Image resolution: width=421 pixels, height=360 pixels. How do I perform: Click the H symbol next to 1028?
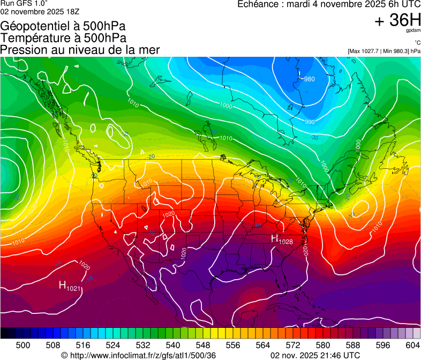click(274, 238)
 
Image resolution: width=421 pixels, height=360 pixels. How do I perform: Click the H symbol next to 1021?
click(62, 286)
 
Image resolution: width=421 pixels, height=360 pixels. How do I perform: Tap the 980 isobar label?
click(309, 79)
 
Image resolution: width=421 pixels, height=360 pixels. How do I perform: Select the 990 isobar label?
click(310, 122)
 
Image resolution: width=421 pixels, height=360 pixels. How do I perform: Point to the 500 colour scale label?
click(23, 344)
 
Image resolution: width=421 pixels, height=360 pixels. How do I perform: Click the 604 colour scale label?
click(412, 344)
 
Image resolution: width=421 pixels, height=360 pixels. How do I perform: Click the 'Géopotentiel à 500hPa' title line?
click(63, 26)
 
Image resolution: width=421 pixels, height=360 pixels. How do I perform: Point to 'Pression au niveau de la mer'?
click(80, 50)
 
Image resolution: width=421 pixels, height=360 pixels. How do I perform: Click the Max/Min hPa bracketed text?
click(384, 51)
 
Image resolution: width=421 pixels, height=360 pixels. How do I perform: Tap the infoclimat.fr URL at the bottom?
click(138, 355)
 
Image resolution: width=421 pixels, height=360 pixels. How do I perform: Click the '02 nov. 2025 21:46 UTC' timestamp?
click(315, 355)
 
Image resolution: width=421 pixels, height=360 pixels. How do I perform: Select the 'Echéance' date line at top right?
click(329, 4)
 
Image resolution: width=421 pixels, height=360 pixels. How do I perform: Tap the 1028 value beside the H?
click(286, 242)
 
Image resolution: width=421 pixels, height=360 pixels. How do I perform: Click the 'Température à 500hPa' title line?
click(64, 38)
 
